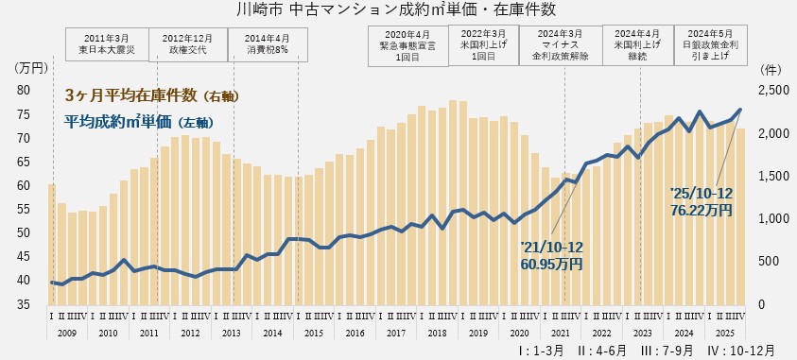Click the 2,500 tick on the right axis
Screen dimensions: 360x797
tap(773, 91)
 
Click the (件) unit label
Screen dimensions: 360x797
tap(771, 68)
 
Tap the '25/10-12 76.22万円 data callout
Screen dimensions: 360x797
tap(702, 201)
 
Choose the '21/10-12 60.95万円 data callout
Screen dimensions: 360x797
tap(551, 255)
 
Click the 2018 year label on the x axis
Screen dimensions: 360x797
tap(438, 334)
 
